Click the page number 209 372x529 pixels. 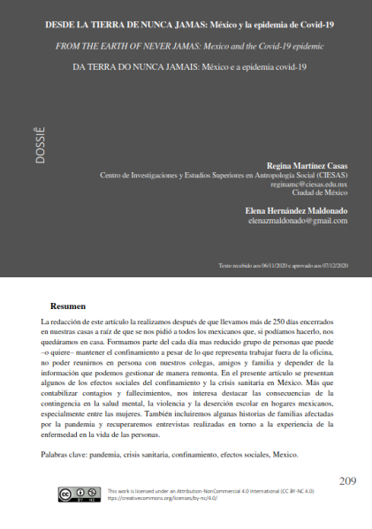click(347, 480)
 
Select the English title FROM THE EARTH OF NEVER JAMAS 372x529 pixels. click(114, 42)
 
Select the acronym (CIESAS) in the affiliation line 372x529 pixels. click(327, 176)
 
